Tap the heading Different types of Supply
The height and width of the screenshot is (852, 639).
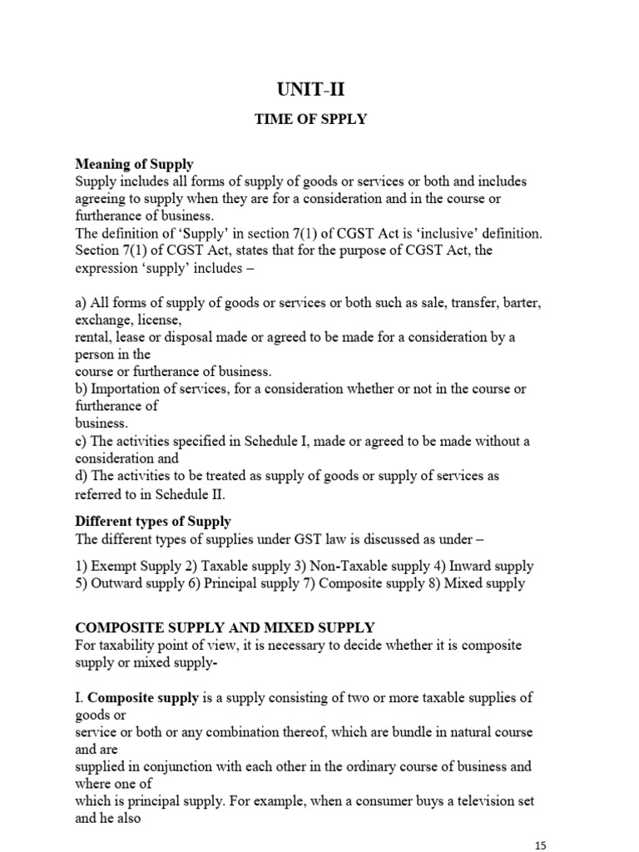[x=153, y=522]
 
